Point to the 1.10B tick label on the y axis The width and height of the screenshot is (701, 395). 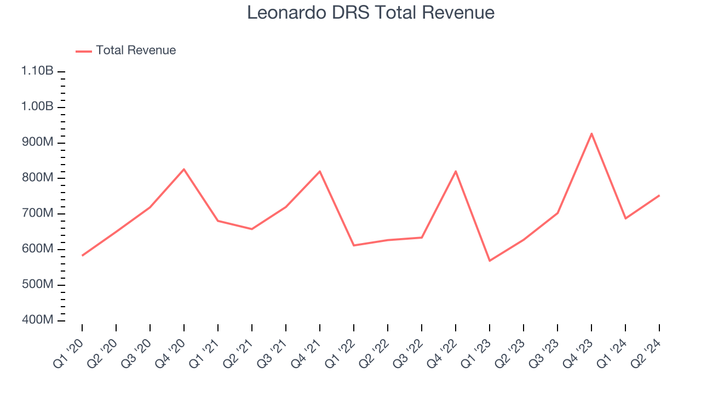(37, 71)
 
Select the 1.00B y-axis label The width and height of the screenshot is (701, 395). (37, 106)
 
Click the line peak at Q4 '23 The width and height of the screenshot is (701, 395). (591, 133)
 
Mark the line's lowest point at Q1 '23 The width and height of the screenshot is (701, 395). (490, 261)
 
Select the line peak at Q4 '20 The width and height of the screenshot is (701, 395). (184, 169)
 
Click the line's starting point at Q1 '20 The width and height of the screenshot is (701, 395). (82, 256)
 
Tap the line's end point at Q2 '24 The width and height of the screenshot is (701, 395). (659, 195)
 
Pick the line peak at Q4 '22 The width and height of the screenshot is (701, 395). (456, 171)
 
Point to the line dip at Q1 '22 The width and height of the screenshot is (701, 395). (354, 245)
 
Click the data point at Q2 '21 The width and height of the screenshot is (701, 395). (252, 229)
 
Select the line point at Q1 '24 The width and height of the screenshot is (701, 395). (625, 218)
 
